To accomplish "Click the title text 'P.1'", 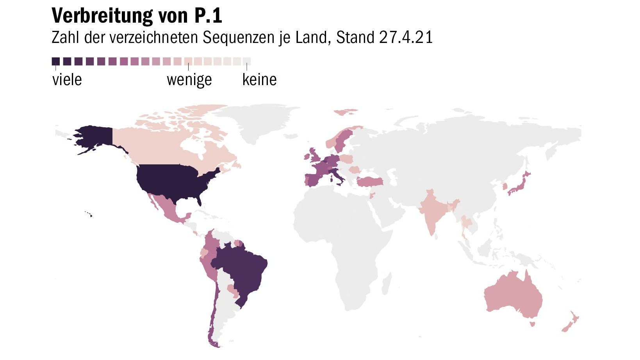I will pos(208,16).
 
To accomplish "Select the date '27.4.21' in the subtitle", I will pos(406,37).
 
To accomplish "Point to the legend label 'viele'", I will pos(67,80).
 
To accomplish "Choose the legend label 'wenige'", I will pos(189,80).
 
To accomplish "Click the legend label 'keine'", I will pos(260,80).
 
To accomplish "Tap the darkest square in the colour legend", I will pos(56,61).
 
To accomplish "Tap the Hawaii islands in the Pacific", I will pos(89,214).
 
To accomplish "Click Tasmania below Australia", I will pos(531,324).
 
